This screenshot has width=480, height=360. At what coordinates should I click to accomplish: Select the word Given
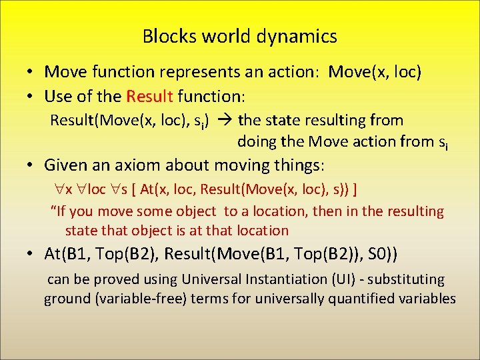(x=65, y=165)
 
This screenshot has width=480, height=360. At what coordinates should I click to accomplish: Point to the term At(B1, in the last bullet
(x=69, y=254)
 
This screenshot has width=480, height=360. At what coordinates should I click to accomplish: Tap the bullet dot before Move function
(x=31, y=72)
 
